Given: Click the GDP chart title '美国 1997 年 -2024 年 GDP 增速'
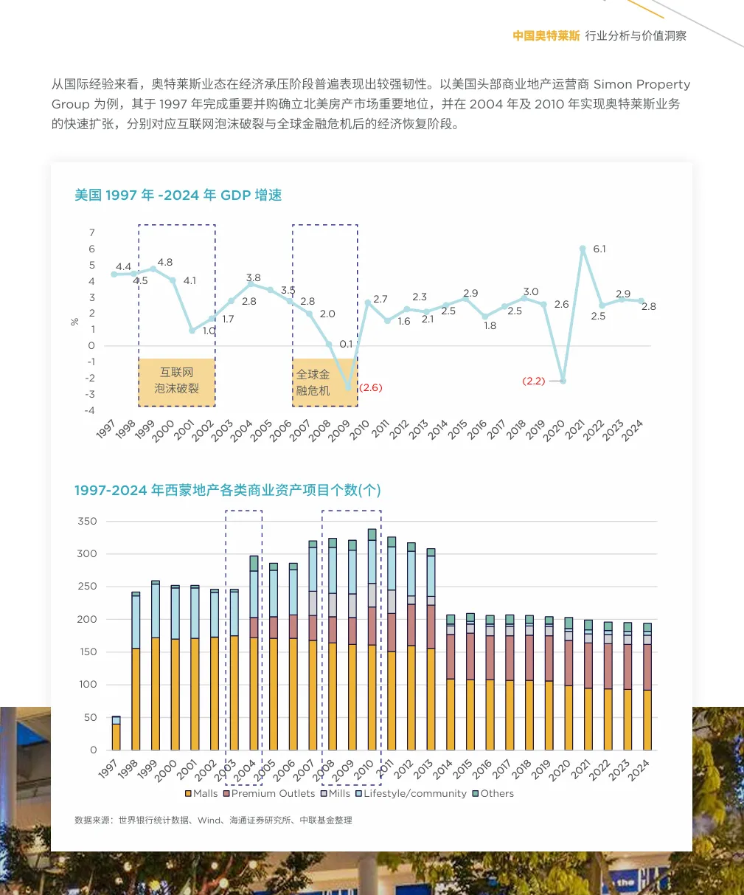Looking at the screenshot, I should click(x=178, y=196).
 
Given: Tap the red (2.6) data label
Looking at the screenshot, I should click(x=370, y=388).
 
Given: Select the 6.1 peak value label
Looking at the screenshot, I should click(x=599, y=249).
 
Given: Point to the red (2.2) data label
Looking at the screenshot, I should click(x=533, y=381).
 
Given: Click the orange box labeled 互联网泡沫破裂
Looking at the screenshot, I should click(x=177, y=381).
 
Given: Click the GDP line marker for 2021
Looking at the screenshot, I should click(x=583, y=249).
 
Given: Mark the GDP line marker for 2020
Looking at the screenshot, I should click(x=563, y=381).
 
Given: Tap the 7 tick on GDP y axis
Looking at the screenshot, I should click(x=92, y=233).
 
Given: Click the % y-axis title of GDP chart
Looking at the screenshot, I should click(x=74, y=322).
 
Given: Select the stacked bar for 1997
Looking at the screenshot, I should click(x=117, y=733).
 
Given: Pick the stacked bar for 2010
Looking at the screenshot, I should click(x=372, y=639).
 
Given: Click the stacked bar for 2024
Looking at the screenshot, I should click(x=647, y=686).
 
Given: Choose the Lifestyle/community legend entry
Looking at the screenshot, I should click(x=411, y=794).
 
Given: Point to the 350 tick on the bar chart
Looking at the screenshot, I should click(x=87, y=522).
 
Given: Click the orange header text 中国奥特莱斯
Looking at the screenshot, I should click(x=546, y=35).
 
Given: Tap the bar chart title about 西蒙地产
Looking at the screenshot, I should click(x=227, y=491).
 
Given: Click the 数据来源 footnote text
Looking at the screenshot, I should click(x=213, y=820).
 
